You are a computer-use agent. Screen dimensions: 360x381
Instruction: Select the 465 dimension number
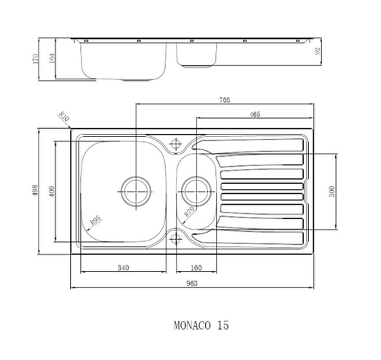pyautogui.click(x=254, y=114)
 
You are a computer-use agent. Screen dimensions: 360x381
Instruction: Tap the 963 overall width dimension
pyautogui.click(x=192, y=283)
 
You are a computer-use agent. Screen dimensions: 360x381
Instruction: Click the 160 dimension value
pyautogui.click(x=196, y=268)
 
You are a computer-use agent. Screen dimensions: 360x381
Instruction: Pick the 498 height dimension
pyautogui.click(x=34, y=189)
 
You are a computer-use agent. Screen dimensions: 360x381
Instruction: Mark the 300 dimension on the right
pyautogui.click(x=331, y=191)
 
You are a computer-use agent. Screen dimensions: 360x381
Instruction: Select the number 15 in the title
pyautogui.click(x=224, y=325)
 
